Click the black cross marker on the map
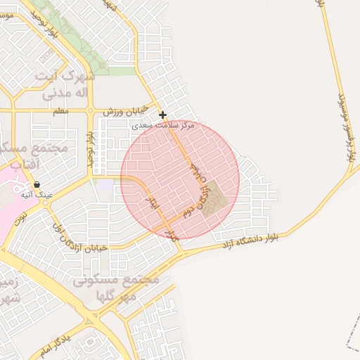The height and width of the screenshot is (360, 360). click(162, 115)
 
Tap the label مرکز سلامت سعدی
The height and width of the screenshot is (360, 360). click(162, 124)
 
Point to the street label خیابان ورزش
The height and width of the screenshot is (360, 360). click(126, 111)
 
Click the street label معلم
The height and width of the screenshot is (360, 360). click(60, 111)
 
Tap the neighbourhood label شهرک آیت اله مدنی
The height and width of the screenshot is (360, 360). click(67, 83)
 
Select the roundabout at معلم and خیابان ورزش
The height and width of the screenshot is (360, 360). click(90, 110)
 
